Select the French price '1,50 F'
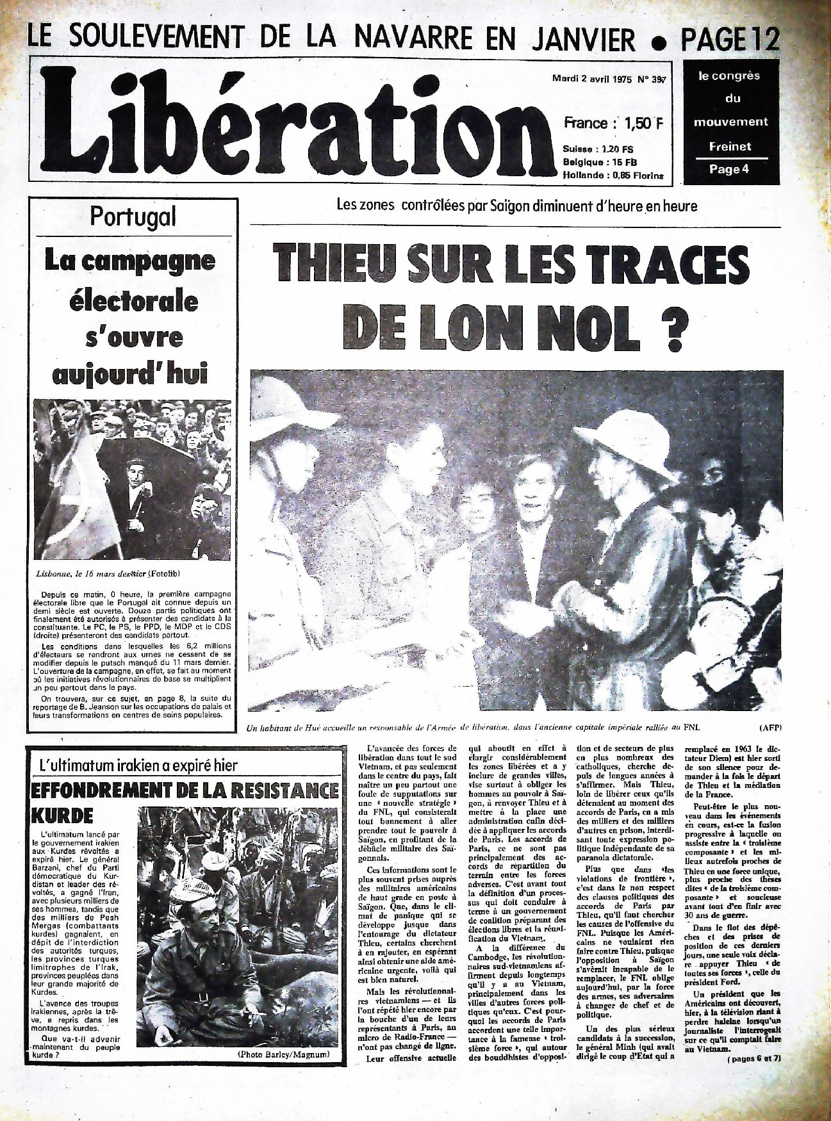(638, 123)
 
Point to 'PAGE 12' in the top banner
(730, 40)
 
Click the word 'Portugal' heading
(133, 217)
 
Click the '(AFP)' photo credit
(770, 728)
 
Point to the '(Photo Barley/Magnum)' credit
(283, 1054)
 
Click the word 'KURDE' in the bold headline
(62, 815)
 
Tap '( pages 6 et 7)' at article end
(754, 1059)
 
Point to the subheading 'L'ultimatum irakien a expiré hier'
(138, 765)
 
